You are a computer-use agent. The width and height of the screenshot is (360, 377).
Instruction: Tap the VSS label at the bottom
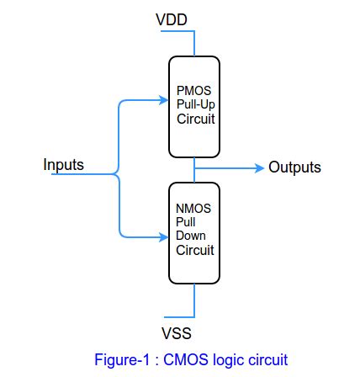coord(176,334)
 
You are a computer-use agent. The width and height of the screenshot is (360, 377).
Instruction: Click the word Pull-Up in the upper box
coord(193,104)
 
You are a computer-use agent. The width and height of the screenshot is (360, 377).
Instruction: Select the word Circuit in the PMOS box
coord(195,119)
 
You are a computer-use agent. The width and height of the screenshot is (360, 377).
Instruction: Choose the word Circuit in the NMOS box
coord(194,251)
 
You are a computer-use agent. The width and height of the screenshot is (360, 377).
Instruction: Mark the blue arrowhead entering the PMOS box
coord(166,98)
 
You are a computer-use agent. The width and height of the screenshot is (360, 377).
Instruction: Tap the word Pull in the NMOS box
coord(184,222)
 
